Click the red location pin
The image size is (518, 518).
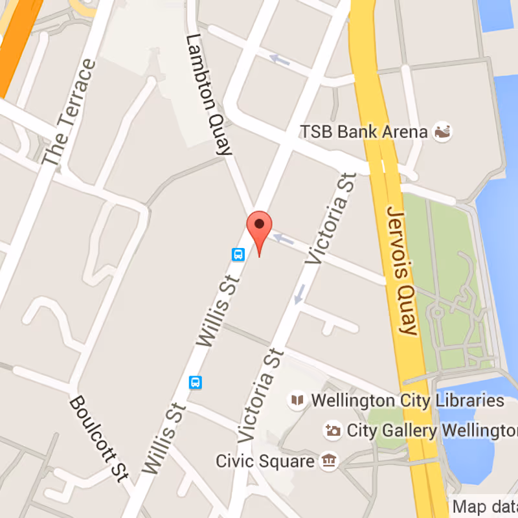tap(260, 228)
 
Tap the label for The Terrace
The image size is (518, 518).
tap(68, 111)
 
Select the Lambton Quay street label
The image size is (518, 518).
tap(208, 95)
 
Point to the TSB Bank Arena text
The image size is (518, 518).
tap(364, 132)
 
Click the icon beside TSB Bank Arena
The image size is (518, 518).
tap(443, 131)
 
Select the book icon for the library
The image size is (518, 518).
tap(297, 401)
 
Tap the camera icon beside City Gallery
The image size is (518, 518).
tap(333, 430)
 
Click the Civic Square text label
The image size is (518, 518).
tap(265, 462)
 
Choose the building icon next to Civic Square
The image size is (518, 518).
tap(330, 461)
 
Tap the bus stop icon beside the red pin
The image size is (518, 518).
tap(238, 254)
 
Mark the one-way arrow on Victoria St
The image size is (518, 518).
tap(300, 294)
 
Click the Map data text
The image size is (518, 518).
tap(484, 506)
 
